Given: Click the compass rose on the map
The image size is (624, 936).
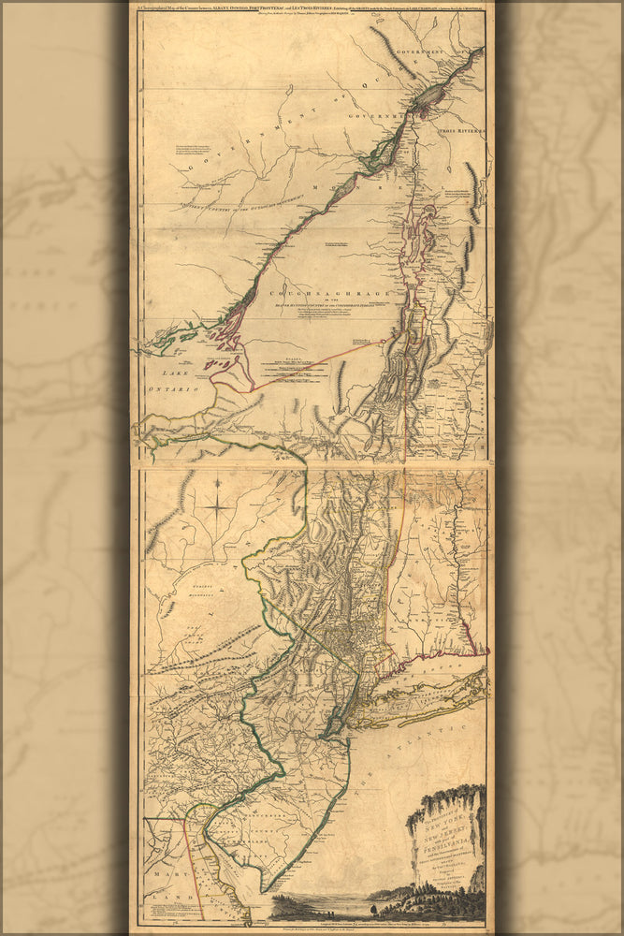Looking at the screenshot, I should coord(219,507).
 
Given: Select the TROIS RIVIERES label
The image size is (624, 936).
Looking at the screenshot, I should coord(469,132).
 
